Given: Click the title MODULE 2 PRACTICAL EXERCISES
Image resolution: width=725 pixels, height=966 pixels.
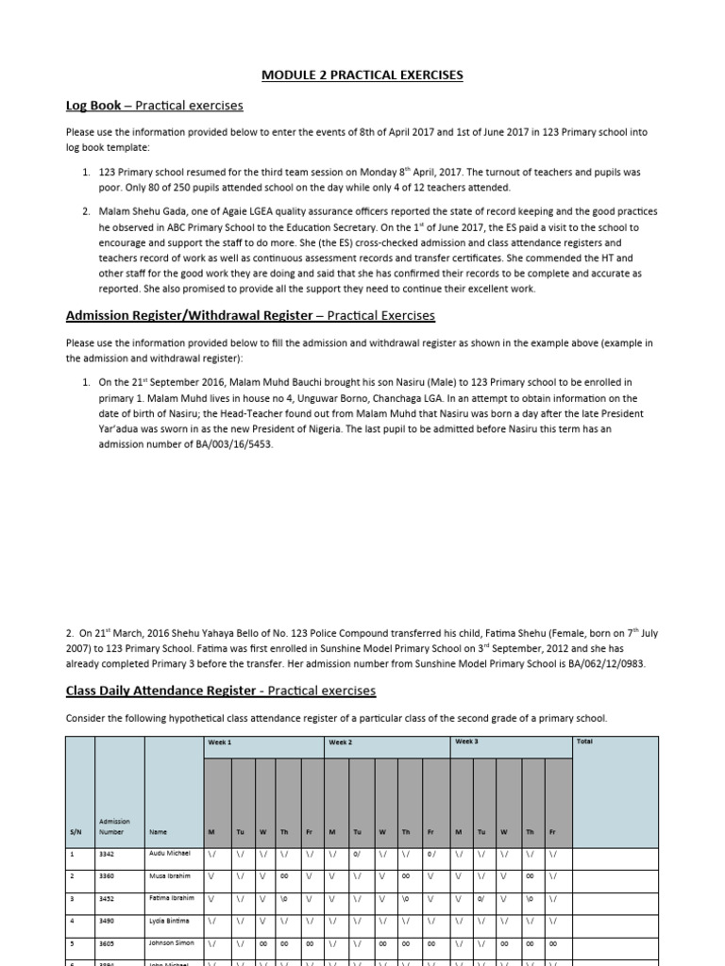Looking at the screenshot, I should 362,75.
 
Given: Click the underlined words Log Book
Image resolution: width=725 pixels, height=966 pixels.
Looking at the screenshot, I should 93,105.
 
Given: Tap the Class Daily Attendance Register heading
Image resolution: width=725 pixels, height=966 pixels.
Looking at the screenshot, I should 160,691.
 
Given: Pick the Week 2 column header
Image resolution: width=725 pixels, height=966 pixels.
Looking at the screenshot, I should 340,742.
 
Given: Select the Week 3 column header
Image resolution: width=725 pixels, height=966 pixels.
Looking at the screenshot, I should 466,741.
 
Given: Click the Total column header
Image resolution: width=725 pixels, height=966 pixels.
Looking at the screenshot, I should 584,741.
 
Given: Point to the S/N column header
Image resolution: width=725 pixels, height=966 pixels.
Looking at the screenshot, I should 76,832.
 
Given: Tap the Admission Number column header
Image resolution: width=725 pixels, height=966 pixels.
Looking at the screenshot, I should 114,826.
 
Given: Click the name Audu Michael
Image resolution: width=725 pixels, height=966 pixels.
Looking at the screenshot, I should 170,853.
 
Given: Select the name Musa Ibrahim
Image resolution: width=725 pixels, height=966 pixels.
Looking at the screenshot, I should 171,876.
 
